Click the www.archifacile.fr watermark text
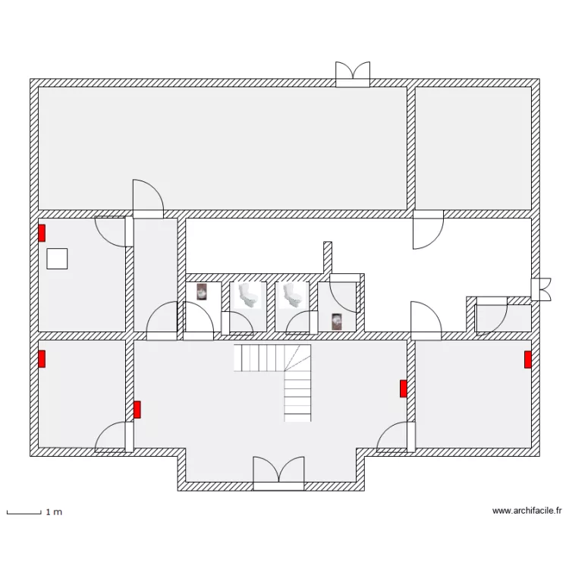click(527, 511)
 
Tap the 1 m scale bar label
click(54, 512)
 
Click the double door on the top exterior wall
click(353, 74)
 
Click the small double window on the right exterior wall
click(541, 289)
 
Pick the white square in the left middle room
click(57, 259)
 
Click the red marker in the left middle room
click(42, 233)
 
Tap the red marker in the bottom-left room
click(42, 359)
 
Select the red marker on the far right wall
click(528, 360)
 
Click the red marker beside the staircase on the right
click(403, 388)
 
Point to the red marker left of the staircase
click(137, 410)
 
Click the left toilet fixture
click(248, 295)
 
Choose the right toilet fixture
click(293, 295)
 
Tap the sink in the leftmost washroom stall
click(202, 292)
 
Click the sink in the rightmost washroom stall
click(337, 322)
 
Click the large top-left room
click(222, 148)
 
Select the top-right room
click(473, 148)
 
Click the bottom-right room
click(473, 394)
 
